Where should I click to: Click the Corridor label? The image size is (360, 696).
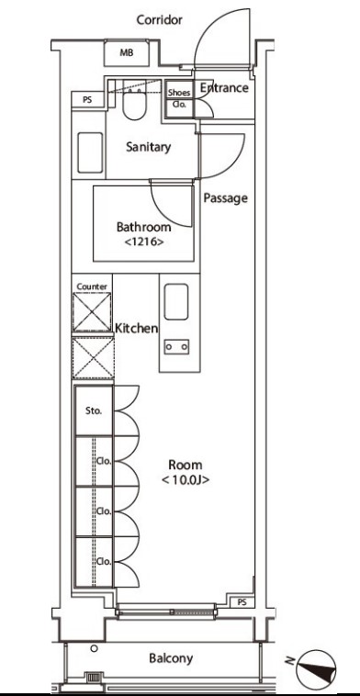pos(160,20)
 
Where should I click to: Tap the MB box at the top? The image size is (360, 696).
pos(127,53)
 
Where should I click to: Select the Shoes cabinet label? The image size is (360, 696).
pos(179,93)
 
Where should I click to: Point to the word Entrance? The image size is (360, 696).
pos(224,87)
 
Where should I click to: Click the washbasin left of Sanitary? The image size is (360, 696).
pos(90,152)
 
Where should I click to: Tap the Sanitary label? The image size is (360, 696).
pos(148,147)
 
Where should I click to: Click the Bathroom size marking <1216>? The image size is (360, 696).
pos(144,241)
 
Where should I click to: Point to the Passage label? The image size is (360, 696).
pos(226,198)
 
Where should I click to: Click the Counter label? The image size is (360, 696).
pos(92,286)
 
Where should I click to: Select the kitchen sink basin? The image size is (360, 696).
pos(175,302)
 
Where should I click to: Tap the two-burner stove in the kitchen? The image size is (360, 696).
pos(176,347)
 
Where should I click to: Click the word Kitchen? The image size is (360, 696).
pos(136,329)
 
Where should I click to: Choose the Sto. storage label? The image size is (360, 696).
pos(94,410)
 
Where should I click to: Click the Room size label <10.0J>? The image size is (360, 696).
pos(186,480)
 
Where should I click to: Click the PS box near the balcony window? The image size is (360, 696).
pos(242,602)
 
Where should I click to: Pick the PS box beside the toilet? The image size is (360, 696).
pos(88,100)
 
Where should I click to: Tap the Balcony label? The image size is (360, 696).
pos(171,658)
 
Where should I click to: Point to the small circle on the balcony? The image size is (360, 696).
pos(94,648)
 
